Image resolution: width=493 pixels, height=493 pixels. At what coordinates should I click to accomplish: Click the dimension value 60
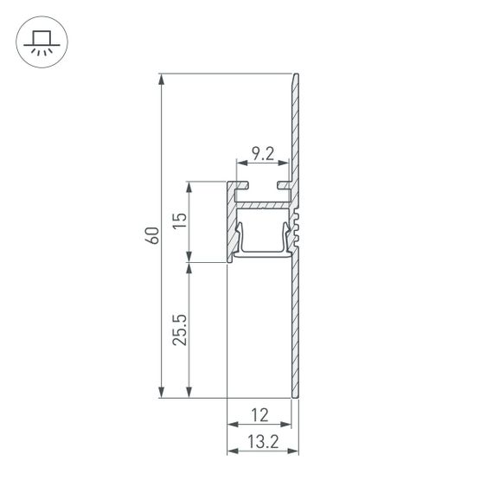tap(150, 235)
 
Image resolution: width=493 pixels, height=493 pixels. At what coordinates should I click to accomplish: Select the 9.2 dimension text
tap(262, 154)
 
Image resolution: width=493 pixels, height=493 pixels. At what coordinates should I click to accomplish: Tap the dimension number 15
tap(179, 221)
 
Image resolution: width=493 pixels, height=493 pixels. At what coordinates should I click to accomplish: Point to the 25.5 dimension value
tap(179, 330)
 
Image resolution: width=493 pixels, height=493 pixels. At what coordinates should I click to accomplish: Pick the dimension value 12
tap(259, 414)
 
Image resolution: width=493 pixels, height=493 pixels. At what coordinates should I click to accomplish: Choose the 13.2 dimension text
tap(262, 441)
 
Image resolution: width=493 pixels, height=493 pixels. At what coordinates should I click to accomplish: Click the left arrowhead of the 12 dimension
tap(232, 425)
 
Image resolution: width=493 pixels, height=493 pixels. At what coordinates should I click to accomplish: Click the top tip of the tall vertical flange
tap(297, 76)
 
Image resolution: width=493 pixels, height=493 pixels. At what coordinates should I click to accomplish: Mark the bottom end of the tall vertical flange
tap(296, 396)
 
